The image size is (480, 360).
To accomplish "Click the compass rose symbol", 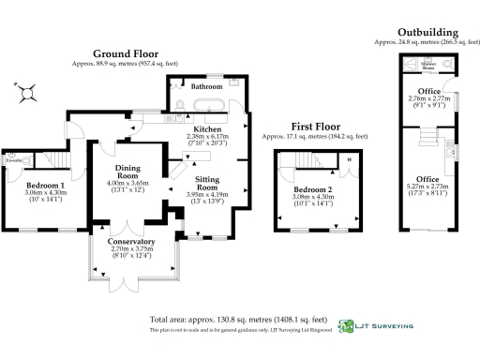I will click(30, 90).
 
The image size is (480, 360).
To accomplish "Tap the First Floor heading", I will click(314, 127).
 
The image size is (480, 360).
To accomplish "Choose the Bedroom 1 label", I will click(45, 186).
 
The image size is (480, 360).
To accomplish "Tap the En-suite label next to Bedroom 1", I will click(13, 160).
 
